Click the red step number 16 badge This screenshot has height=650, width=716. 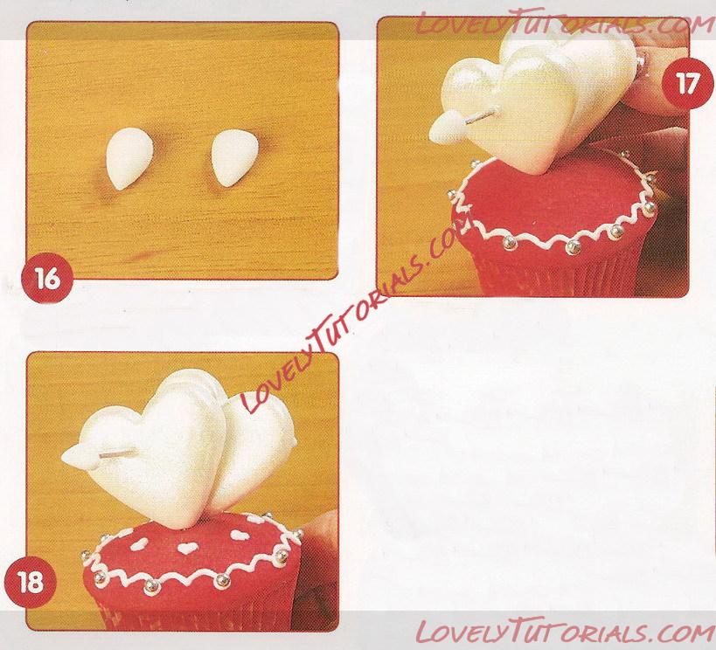pyautogui.click(x=47, y=278)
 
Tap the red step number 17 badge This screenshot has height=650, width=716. pyautogui.click(x=687, y=84)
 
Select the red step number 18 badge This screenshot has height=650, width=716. pyautogui.click(x=30, y=583)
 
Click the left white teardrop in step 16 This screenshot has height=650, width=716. pyautogui.click(x=129, y=158)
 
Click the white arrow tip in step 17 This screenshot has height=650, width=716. pyautogui.click(x=445, y=127)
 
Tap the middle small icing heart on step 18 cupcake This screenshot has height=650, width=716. pyautogui.click(x=187, y=548)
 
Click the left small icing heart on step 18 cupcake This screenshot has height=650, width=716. pyautogui.click(x=138, y=543)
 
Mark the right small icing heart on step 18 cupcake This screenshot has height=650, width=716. pyautogui.click(x=239, y=534)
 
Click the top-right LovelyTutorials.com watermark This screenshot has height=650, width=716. pyautogui.click(x=564, y=23)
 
